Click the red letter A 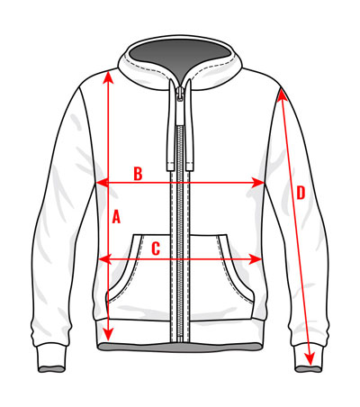click(116, 217)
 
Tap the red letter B click(138, 174)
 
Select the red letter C click(156, 249)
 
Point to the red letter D click(301, 193)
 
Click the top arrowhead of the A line click(108, 77)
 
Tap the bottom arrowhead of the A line click(108, 334)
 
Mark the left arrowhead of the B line click(102, 182)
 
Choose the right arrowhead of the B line click(257, 182)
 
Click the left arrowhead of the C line click(105, 259)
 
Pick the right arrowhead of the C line click(255, 259)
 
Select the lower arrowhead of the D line click(310, 358)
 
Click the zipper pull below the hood click(180, 94)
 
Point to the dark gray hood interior click(180, 57)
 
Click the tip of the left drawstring click(170, 167)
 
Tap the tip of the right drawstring click(190, 167)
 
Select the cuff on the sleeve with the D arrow click(308, 358)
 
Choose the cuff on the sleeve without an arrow click(51, 358)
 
